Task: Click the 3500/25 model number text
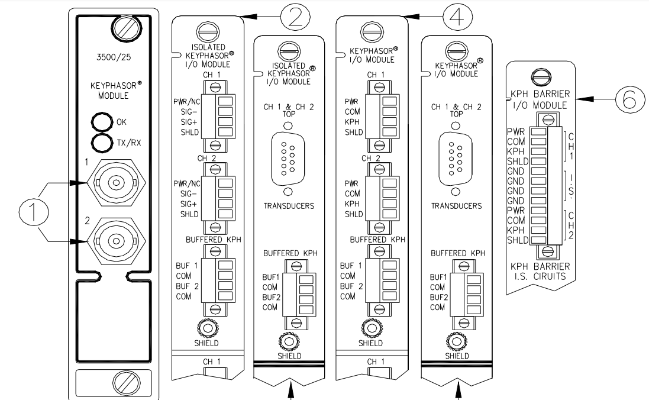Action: click(112, 59)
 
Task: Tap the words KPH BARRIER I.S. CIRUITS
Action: click(539, 270)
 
